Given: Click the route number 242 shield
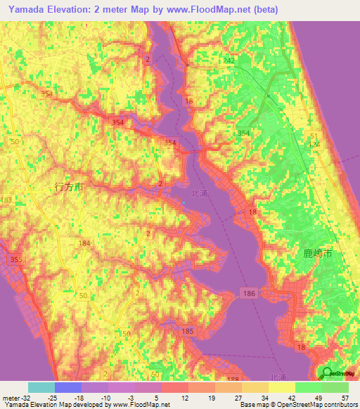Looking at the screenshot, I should click(229, 62).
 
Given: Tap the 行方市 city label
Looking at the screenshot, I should click(69, 188).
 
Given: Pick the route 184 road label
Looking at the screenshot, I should click(85, 243).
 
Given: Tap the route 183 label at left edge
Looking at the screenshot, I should click(6, 201).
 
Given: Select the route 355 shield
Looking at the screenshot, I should click(15, 261).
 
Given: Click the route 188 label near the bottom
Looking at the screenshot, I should click(233, 380).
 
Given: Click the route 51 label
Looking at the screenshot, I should click(313, 136).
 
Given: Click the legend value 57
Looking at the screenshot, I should click(345, 398).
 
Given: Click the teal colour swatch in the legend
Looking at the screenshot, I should click(41, 387).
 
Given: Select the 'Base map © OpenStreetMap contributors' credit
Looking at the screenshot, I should click(297, 405).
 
